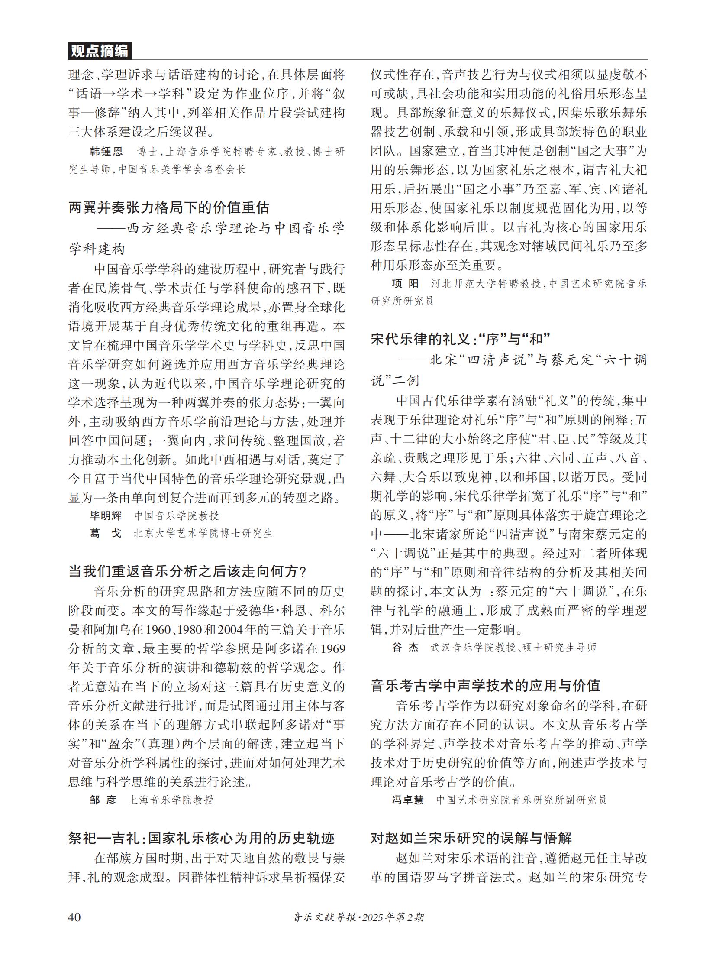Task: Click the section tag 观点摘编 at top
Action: point(99,51)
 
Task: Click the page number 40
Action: point(74,917)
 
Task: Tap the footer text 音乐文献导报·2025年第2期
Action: point(358,917)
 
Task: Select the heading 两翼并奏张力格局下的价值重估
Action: point(169,207)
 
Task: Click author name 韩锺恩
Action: point(106,151)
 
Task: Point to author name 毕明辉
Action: point(106,515)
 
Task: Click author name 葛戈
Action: point(106,533)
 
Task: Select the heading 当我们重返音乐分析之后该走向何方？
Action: point(187,571)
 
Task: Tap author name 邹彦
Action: point(103,800)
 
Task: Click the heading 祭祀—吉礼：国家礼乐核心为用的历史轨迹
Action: point(202,838)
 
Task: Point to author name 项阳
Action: point(405,284)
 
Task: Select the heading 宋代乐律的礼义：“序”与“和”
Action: point(460,339)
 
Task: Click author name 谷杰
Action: point(405,648)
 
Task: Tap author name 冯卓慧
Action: point(408,800)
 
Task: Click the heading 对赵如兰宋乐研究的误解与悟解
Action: point(471,838)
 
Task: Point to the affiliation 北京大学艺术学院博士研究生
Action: point(203,533)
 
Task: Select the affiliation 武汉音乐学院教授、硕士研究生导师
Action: point(513,648)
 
